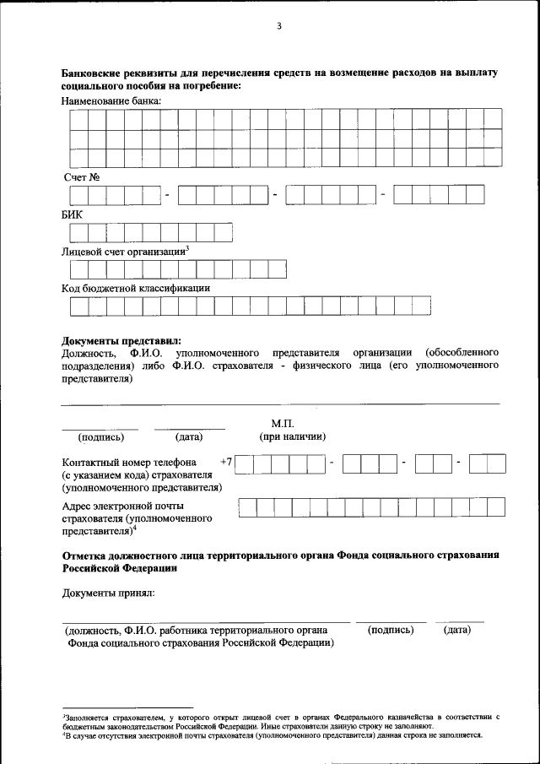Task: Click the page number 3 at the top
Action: tap(278, 26)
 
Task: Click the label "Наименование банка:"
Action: tap(111, 101)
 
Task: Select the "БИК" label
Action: tap(73, 214)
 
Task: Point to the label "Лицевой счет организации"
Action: tap(124, 252)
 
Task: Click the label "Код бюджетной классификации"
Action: tap(136, 288)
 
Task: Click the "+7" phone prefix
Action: tap(226, 462)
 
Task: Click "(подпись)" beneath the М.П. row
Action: tap(101, 437)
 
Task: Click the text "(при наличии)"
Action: tap(293, 436)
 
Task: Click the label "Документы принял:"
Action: tap(108, 594)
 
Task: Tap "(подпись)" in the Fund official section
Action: tap(391, 630)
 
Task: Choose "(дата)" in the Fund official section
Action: tap(456, 630)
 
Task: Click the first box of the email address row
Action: tap(247, 507)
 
